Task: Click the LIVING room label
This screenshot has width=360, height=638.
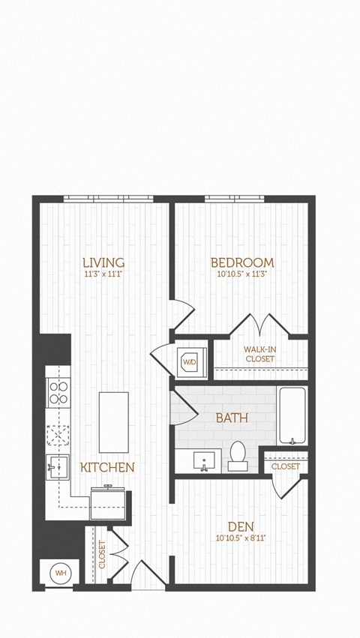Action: click(x=103, y=262)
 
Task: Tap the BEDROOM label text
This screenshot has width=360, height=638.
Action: click(x=241, y=262)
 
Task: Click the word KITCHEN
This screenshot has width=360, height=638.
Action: click(x=107, y=467)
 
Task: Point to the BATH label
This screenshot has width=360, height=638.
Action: click(x=233, y=418)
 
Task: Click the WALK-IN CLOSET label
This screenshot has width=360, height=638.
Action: click(x=259, y=354)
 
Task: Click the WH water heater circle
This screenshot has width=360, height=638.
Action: click(x=59, y=574)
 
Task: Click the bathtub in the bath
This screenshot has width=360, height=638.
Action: click(x=292, y=415)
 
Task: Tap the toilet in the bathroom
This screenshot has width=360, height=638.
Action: click(x=238, y=454)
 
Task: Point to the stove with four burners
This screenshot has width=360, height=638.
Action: click(x=58, y=393)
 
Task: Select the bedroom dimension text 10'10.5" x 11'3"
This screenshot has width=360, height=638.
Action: click(x=241, y=274)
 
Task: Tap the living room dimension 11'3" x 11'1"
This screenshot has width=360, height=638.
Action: click(x=103, y=274)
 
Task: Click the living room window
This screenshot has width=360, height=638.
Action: click(x=108, y=199)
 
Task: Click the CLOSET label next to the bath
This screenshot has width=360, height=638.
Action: click(x=286, y=466)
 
